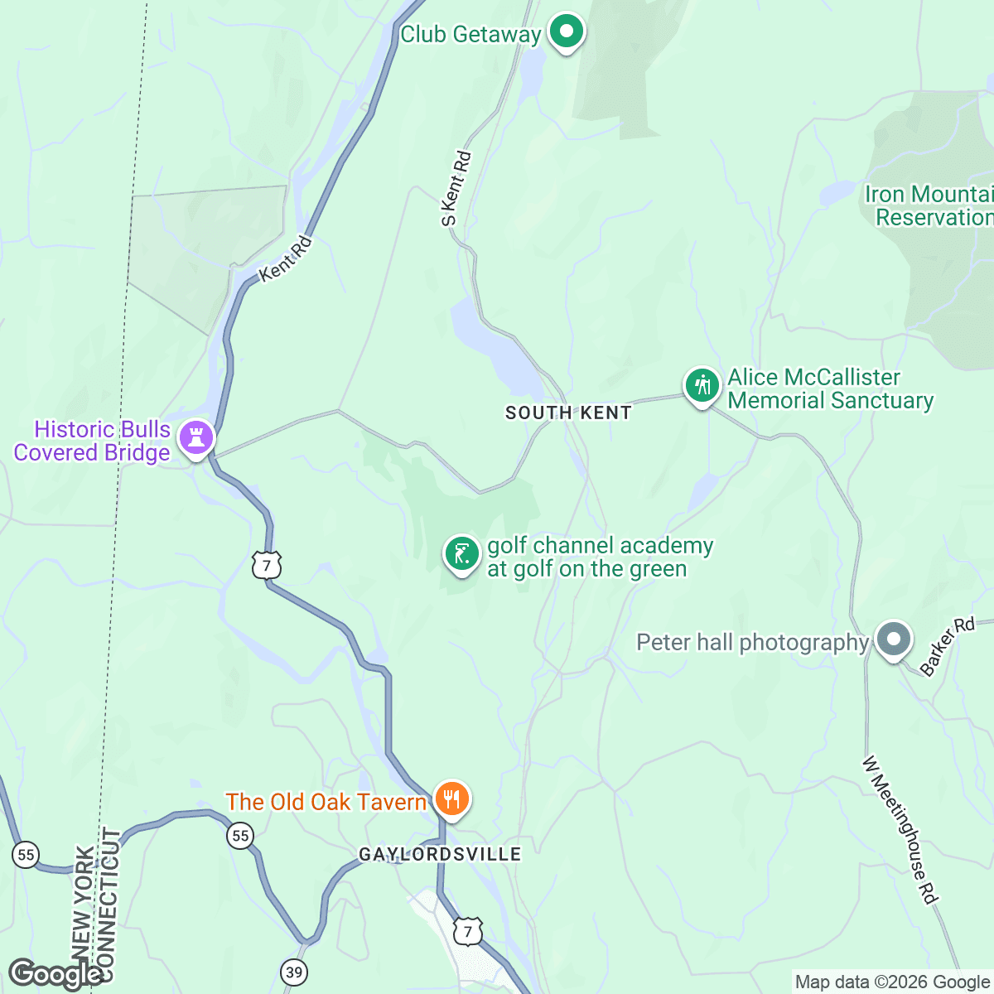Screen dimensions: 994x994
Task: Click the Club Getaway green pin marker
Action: pyautogui.click(x=567, y=33)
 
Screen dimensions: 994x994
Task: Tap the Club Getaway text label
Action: pyautogui.click(x=470, y=35)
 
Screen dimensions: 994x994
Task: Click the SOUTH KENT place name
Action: pyautogui.click(x=568, y=413)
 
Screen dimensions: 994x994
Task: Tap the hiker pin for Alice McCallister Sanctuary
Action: pyautogui.click(x=702, y=386)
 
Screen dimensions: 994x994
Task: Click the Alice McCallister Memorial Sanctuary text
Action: pyautogui.click(x=830, y=389)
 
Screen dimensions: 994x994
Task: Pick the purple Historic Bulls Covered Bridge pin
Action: pyautogui.click(x=196, y=437)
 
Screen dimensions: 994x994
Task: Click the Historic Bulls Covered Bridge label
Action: pyautogui.click(x=93, y=441)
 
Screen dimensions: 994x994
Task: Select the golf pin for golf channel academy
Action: pyautogui.click(x=461, y=554)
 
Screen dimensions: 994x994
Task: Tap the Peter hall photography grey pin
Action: pyautogui.click(x=893, y=640)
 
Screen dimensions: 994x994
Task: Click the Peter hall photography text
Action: pyautogui.click(x=752, y=643)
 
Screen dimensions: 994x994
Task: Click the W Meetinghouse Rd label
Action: pyautogui.click(x=900, y=829)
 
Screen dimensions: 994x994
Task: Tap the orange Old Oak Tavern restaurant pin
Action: pyautogui.click(x=451, y=799)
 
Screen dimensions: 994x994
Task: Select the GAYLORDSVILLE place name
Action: pyautogui.click(x=440, y=854)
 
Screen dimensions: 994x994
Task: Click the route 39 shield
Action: pyautogui.click(x=294, y=971)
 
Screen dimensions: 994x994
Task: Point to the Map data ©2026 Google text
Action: pyautogui.click(x=891, y=982)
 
